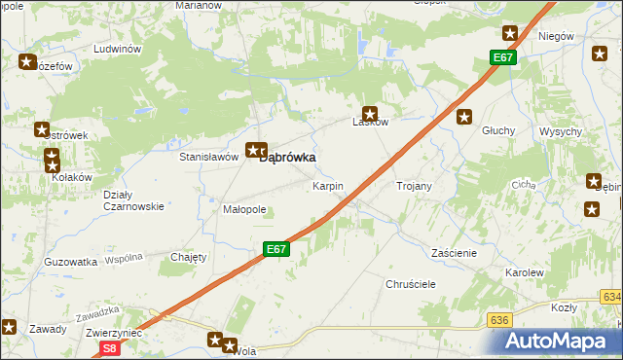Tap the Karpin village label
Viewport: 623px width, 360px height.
[x=327, y=185]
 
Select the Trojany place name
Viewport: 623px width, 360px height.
[x=414, y=185]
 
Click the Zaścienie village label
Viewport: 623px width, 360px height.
[x=454, y=252]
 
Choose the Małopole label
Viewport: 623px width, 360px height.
[x=244, y=209]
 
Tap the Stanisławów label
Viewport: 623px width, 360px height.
[x=209, y=156]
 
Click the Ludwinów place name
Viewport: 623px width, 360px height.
[x=117, y=49]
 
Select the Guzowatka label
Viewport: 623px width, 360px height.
[x=71, y=262]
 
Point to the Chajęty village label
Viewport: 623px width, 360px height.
[x=189, y=257]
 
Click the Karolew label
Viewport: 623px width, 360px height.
[x=524, y=273]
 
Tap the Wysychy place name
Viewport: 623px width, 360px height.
[x=561, y=131]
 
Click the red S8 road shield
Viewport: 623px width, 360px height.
[x=110, y=347]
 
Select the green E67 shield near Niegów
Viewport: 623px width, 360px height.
[x=502, y=58]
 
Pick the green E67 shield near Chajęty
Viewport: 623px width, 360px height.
[x=276, y=249]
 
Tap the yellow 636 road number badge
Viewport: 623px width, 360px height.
[x=500, y=319]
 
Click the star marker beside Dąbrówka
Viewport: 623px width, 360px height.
[x=255, y=150]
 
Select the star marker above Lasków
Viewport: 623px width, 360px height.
[x=370, y=113]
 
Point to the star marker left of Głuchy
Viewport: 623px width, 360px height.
[x=464, y=118]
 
